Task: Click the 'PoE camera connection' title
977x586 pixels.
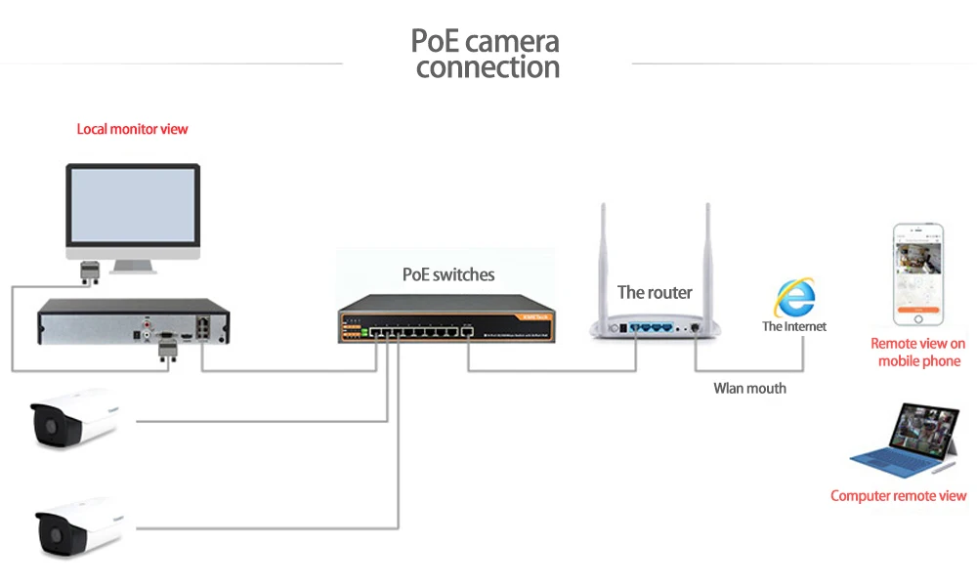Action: click(x=486, y=54)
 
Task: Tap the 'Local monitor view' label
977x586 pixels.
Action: click(x=132, y=129)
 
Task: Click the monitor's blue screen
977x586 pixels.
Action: click(x=133, y=205)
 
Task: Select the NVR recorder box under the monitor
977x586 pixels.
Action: click(x=133, y=321)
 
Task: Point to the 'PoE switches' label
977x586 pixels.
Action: click(x=448, y=274)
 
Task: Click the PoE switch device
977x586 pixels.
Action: click(x=446, y=318)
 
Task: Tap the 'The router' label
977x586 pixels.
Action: click(x=655, y=292)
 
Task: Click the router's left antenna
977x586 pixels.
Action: click(x=603, y=262)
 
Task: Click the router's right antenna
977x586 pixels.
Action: click(x=707, y=262)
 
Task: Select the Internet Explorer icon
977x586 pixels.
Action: click(x=795, y=298)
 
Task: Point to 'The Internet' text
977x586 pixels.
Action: click(x=793, y=326)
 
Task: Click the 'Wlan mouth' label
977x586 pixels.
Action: click(x=749, y=389)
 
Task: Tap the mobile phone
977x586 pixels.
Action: click(x=917, y=274)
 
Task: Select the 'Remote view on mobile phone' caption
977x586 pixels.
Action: click(x=918, y=352)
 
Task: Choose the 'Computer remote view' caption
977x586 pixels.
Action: click(x=899, y=496)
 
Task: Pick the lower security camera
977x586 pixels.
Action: click(x=78, y=527)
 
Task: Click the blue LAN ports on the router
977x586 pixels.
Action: click(x=651, y=327)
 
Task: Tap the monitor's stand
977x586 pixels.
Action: click(x=133, y=267)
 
